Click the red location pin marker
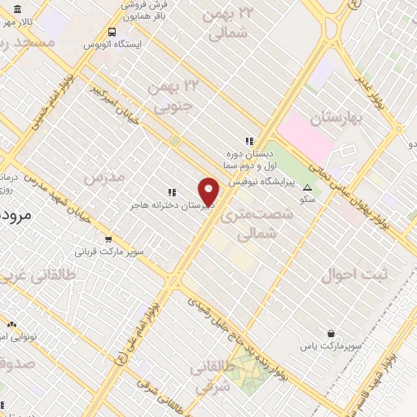pos(209,191)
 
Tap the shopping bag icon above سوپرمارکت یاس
pos(331,333)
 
